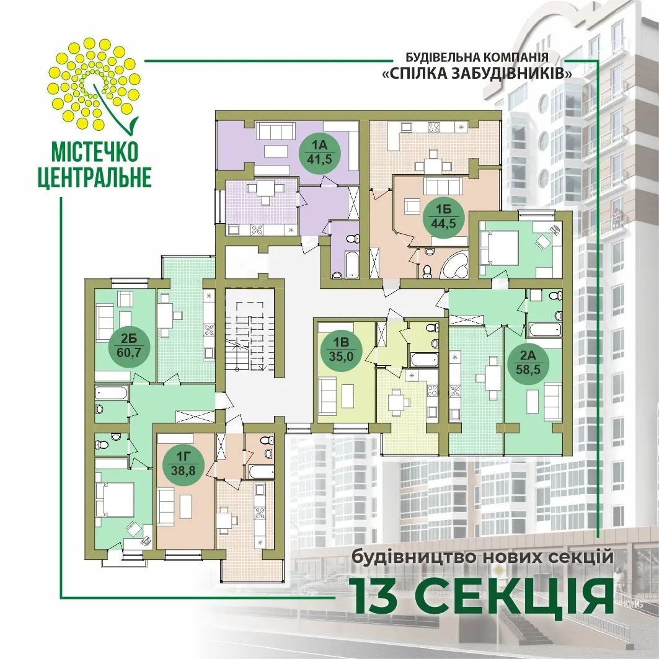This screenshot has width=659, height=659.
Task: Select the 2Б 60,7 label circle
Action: coord(128,345)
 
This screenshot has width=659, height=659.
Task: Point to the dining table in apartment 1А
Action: coord(265,190)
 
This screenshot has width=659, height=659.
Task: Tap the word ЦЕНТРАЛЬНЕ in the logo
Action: coord(95,177)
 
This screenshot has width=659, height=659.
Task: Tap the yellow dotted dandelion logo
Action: coord(94,84)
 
